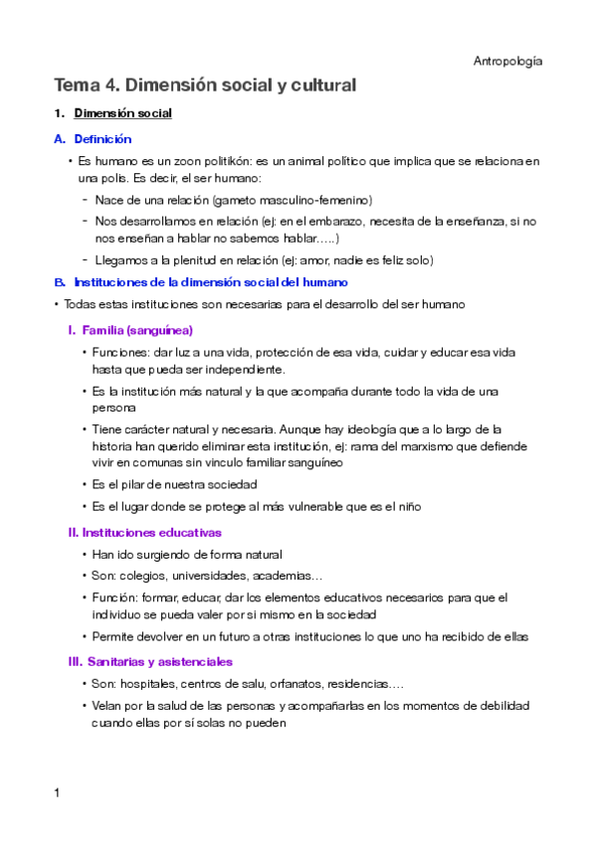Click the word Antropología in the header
coord(507,62)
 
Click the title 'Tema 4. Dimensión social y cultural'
coord(205,85)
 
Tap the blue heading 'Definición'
coord(102,139)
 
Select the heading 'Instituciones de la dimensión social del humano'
coord(211,282)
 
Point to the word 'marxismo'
coord(379,446)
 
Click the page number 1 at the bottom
coord(58,792)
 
